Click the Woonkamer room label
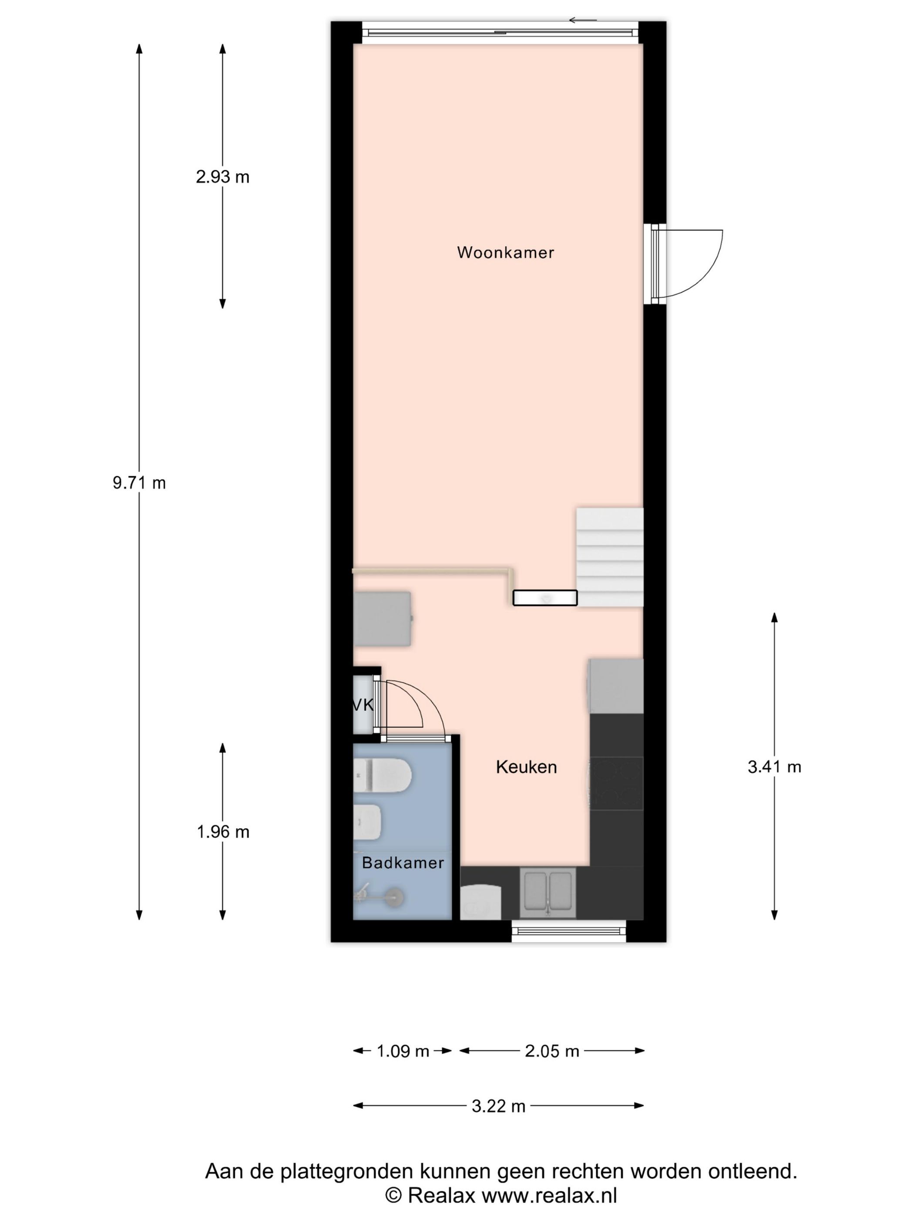point(505,253)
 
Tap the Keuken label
point(526,767)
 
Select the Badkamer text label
point(403,862)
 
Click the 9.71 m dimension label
point(139,483)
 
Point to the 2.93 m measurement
point(222,177)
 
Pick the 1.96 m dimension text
point(222,832)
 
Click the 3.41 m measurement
point(774,767)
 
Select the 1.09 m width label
point(403,1051)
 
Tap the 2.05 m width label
point(552,1051)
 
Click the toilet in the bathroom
point(382,775)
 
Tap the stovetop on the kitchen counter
point(616,783)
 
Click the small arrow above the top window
point(583,20)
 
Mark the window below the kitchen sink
point(569,931)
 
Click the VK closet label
point(363,705)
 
